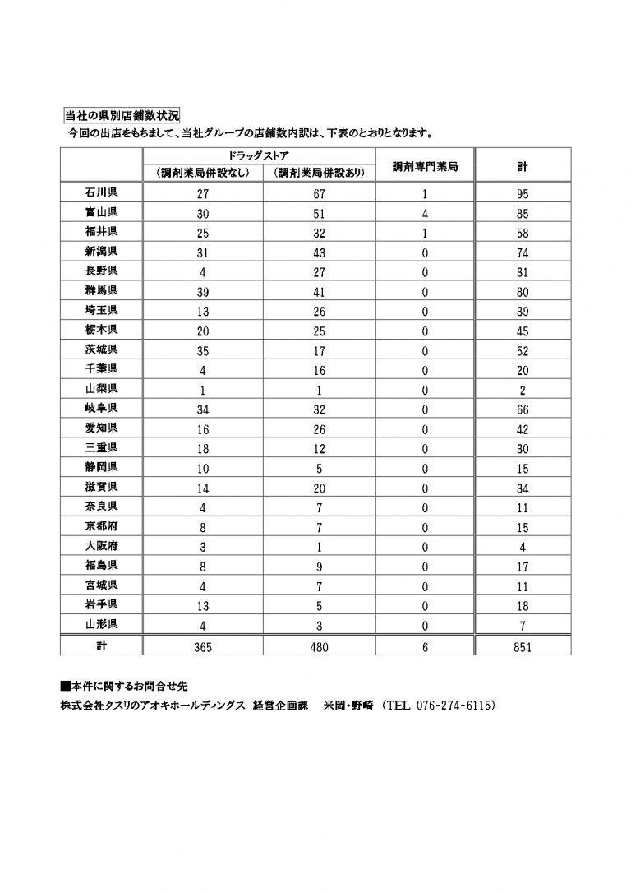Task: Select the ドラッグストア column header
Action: pos(259,155)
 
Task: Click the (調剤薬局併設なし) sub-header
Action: pos(203,173)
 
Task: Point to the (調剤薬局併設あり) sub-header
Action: pos(319,173)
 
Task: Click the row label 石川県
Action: pos(101,194)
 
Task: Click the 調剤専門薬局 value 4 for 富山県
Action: pos(425,213)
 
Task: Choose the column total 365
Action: pos(203,647)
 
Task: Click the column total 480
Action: pos(319,647)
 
